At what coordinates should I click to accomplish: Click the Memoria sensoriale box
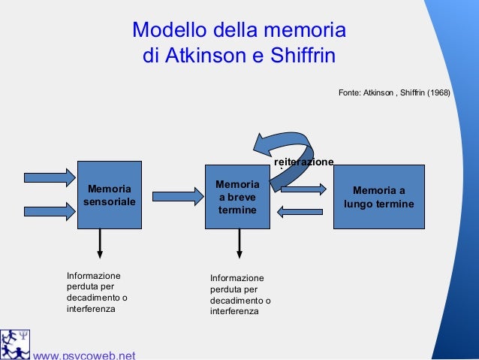[110, 195]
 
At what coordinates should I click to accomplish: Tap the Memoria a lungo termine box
[378, 196]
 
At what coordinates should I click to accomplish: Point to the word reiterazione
[304, 162]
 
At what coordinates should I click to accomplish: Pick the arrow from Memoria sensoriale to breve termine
[178, 196]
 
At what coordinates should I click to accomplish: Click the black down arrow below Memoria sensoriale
[100, 244]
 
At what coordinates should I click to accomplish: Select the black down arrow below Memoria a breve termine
[239, 244]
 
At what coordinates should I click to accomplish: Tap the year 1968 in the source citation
[436, 93]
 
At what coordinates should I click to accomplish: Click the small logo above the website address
[15, 342]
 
